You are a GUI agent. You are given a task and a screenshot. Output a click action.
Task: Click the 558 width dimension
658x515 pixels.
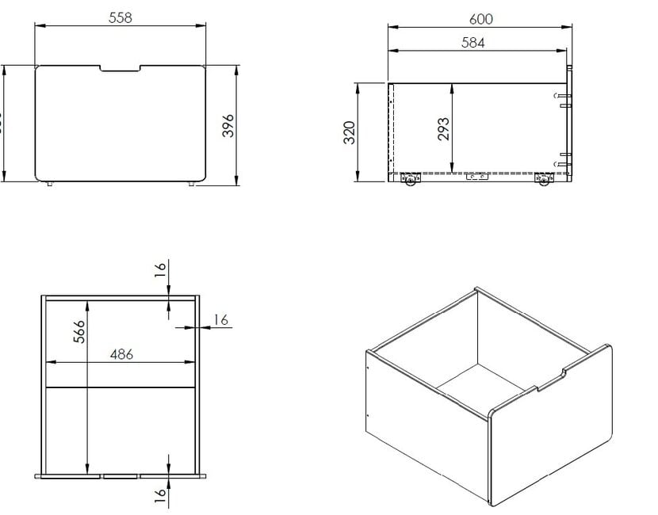120,17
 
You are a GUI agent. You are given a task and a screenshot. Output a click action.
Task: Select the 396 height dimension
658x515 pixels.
228,125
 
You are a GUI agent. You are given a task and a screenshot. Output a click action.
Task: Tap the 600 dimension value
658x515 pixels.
480,18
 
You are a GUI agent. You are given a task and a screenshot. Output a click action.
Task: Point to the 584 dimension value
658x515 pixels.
473,44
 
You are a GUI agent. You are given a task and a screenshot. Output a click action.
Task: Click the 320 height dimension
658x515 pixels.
349,132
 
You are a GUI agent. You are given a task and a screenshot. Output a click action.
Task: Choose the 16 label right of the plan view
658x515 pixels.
221,319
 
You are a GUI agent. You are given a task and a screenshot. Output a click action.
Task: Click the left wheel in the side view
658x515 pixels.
410,181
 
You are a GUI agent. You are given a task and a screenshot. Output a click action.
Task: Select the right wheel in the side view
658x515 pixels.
543,181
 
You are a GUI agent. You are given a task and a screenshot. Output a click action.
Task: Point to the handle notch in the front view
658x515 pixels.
120,69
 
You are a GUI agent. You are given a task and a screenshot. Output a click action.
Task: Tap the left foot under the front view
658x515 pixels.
49,185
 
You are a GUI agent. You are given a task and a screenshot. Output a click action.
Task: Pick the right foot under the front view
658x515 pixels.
191,185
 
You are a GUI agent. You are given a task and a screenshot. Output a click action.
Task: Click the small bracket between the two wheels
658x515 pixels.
478,177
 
